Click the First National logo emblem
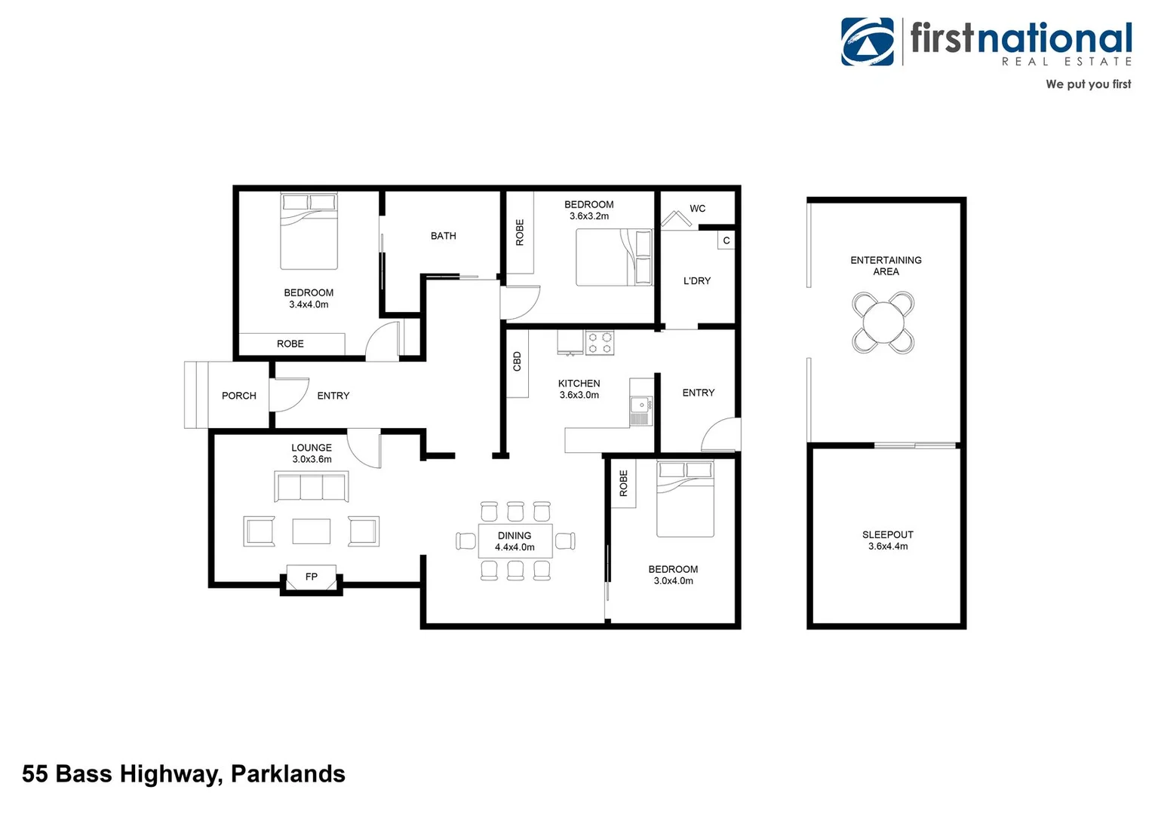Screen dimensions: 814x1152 868,42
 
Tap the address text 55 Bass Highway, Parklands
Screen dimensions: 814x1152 183,774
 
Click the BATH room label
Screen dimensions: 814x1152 443,236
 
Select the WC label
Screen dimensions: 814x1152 697,209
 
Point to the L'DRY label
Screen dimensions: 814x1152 696,281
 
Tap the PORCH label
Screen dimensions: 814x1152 238,396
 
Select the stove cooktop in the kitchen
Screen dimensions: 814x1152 600,343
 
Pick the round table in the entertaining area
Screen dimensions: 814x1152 883,323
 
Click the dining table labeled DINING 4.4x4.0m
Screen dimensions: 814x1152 515,541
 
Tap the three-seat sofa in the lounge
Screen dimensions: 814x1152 311,487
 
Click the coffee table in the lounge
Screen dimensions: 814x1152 311,531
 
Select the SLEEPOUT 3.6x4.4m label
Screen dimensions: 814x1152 887,540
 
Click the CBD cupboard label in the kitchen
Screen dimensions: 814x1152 517,362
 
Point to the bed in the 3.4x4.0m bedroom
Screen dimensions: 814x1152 309,231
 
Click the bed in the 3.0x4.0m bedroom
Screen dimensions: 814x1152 684,499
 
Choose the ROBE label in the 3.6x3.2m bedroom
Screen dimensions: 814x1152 519,232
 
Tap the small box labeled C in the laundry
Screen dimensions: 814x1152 726,240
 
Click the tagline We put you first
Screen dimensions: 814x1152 1088,84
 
